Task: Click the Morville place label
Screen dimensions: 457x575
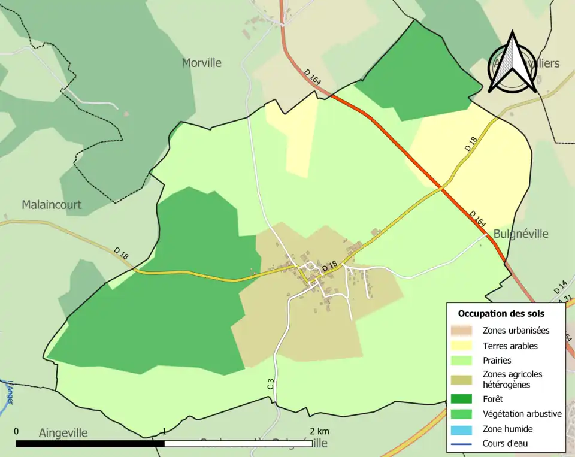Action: click(x=202, y=63)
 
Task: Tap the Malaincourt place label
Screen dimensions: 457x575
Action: click(x=52, y=205)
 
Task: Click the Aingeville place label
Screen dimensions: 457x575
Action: click(x=63, y=432)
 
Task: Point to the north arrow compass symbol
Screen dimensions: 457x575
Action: click(x=512, y=63)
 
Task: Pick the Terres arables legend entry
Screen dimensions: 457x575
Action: click(x=510, y=346)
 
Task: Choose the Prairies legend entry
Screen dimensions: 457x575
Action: click(x=497, y=361)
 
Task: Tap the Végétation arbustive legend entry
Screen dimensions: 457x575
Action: click(x=522, y=413)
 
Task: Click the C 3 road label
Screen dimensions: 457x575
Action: click(x=271, y=384)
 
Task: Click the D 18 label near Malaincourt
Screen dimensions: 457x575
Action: click(x=121, y=253)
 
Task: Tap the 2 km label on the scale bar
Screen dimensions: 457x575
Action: click(x=319, y=431)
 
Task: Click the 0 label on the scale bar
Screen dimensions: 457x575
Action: click(x=16, y=431)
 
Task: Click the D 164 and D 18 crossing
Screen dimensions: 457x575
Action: click(x=442, y=187)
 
